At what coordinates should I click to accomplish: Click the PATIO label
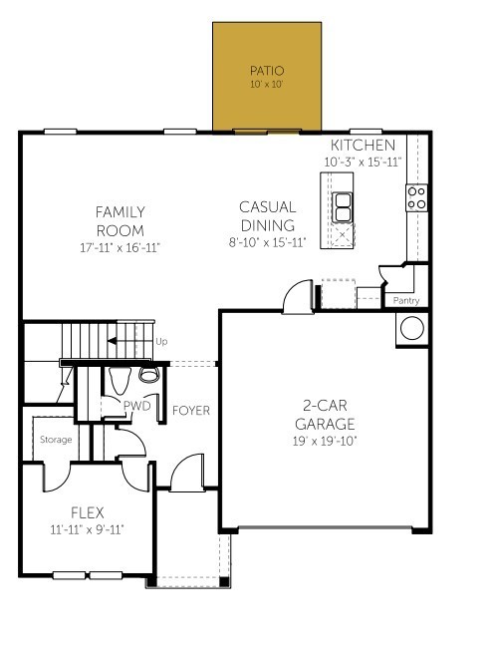coord(266,71)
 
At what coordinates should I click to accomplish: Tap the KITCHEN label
coord(355,146)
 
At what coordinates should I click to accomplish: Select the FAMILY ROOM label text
coord(121,220)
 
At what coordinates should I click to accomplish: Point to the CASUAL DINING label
coord(266,216)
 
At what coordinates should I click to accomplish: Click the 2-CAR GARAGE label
coord(325,414)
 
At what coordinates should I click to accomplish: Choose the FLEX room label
coord(87,512)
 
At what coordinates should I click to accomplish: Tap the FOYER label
coord(190,411)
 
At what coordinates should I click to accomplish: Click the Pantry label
coord(406,300)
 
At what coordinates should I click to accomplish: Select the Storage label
coord(56,439)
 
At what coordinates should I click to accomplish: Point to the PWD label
coord(135,406)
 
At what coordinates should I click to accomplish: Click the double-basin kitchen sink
coord(342,207)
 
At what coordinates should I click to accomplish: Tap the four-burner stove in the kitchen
coord(416,197)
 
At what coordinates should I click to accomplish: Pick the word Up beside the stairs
coord(162,342)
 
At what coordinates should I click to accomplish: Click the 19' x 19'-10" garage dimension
coord(325,440)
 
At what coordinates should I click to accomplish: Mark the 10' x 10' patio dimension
coord(266,86)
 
